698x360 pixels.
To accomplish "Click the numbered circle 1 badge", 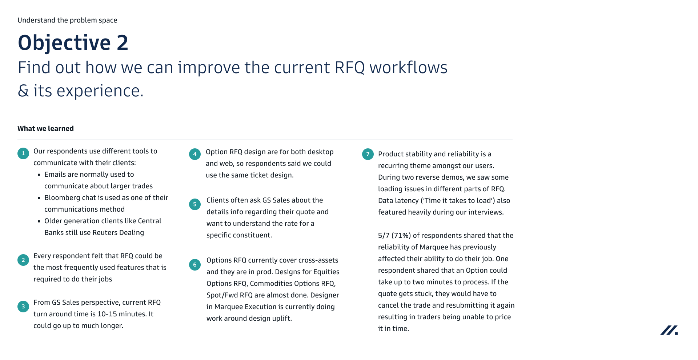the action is click(x=23, y=153).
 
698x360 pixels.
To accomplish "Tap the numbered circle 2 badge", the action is click(x=23, y=260).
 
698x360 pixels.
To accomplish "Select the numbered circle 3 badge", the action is click(x=23, y=307).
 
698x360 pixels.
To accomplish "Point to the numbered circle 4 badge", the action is click(x=195, y=154).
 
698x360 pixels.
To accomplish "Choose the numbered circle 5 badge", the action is click(x=195, y=204).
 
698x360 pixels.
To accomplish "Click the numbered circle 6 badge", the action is click(x=195, y=265).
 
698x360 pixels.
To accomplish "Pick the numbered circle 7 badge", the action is click(x=368, y=154).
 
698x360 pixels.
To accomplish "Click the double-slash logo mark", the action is click(x=669, y=330).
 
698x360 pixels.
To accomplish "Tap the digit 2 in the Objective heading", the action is click(x=123, y=43).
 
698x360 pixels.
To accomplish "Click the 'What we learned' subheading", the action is click(x=45, y=128).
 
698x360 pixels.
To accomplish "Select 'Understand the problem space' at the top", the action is click(x=67, y=20).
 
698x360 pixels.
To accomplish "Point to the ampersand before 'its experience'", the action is click(x=23, y=91).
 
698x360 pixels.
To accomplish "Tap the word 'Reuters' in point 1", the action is click(x=106, y=233).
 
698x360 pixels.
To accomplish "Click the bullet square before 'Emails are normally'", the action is click(x=39, y=175).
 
